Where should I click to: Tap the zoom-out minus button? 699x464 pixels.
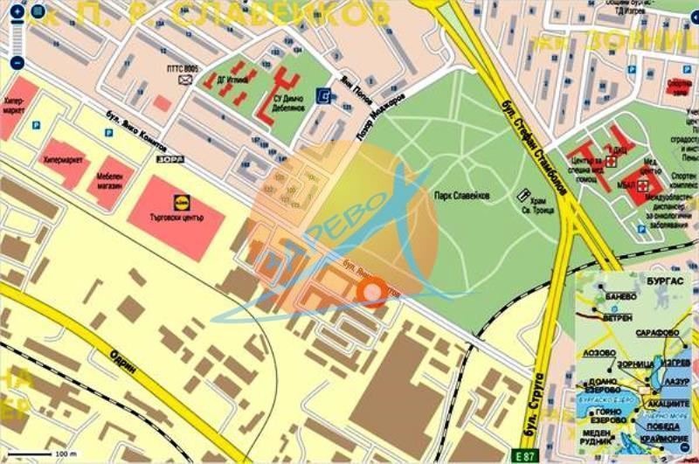(16, 63)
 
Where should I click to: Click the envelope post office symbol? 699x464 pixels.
(184, 80)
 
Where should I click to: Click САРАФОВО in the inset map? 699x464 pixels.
(657, 333)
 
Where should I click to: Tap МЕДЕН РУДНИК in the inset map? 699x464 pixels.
(594, 434)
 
